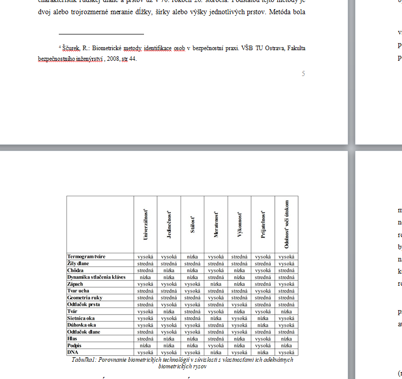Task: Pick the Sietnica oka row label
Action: pyautogui.click(x=81, y=318)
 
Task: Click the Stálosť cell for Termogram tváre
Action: pyautogui.click(x=193, y=257)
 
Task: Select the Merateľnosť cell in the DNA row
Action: pyautogui.click(x=216, y=352)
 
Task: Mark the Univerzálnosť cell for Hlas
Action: pyautogui.click(x=145, y=338)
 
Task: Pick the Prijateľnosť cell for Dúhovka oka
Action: pyautogui.click(x=263, y=325)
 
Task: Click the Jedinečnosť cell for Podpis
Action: pyautogui.click(x=169, y=345)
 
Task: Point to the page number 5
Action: pyautogui.click(x=303, y=74)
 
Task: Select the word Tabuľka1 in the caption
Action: pyautogui.click(x=85, y=360)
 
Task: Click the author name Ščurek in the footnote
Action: pyautogui.click(x=71, y=49)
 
